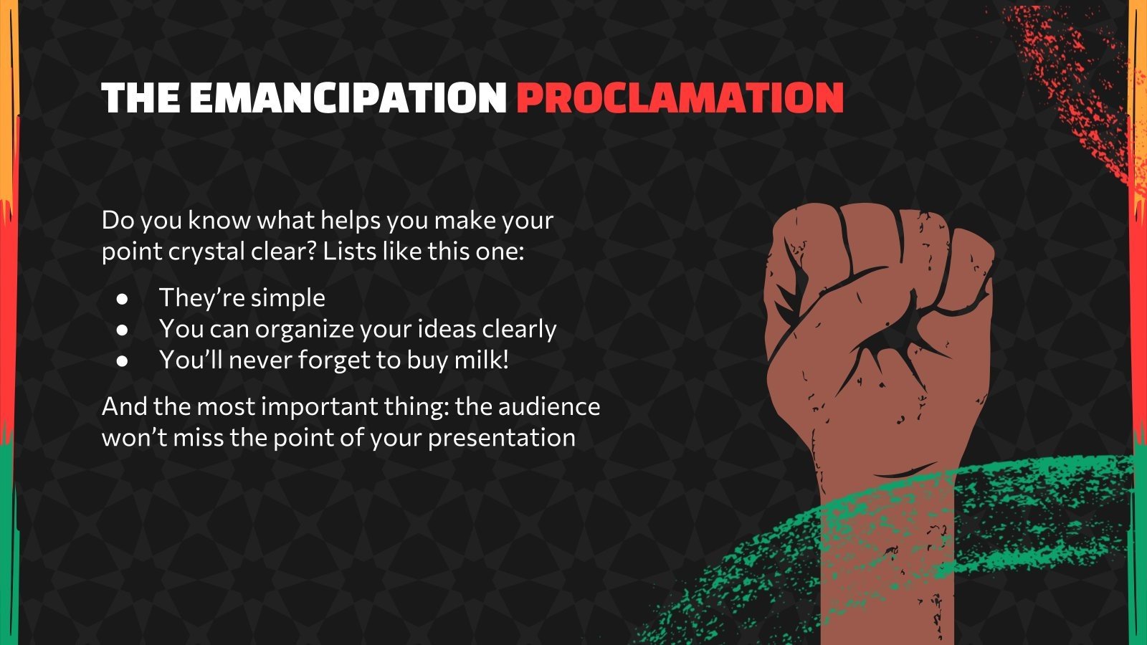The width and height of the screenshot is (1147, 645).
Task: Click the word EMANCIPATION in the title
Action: tap(348, 97)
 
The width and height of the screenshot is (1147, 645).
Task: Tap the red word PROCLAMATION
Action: tap(680, 97)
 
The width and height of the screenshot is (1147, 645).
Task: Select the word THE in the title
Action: tap(141, 97)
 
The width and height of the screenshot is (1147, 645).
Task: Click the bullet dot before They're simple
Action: tap(122, 299)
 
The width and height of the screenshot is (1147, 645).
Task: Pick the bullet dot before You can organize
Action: tap(122, 330)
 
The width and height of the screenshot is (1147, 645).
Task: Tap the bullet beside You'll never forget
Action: tap(122, 361)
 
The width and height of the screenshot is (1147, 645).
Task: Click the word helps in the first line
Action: tap(351, 221)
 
